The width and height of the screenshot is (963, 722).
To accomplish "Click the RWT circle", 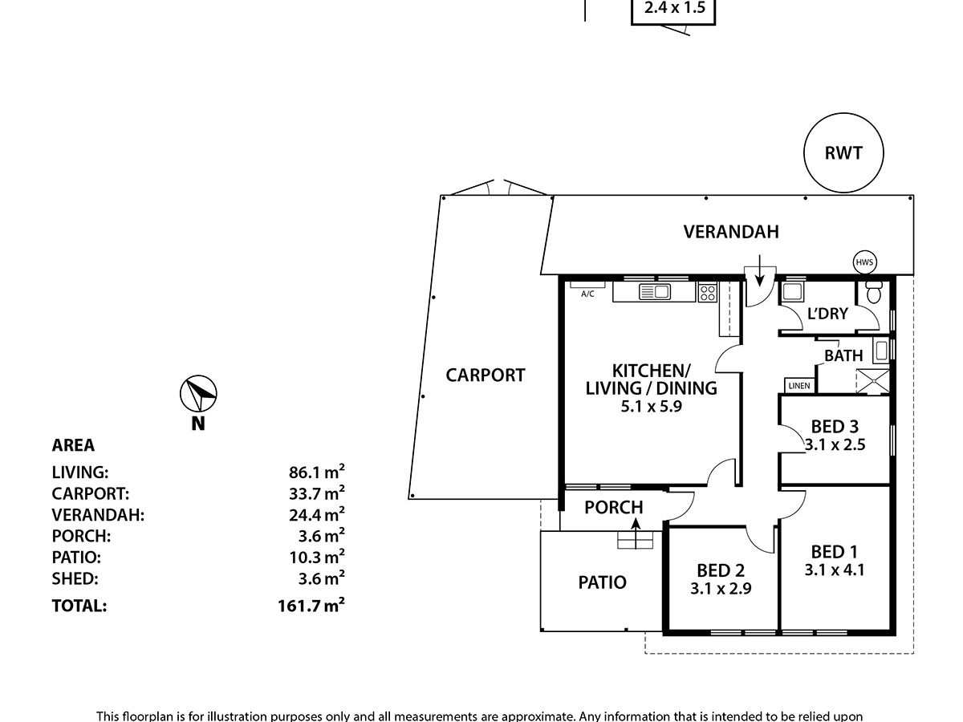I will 843,152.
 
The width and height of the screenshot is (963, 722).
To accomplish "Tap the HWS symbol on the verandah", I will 864,262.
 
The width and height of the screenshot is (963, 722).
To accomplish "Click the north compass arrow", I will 198,394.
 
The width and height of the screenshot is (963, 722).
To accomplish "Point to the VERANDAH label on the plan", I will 731,232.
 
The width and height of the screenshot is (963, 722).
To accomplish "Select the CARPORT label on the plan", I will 486,375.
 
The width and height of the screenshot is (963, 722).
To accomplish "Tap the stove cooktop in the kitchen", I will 707,293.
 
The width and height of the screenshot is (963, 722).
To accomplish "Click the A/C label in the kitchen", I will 587,294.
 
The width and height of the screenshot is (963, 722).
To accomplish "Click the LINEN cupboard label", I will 799,387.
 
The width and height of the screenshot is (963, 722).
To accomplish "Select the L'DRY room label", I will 827,314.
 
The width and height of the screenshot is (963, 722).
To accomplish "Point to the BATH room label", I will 843,355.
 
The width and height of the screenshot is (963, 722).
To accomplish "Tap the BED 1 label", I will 835,552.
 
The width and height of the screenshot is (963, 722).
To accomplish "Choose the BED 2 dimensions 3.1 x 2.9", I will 720,588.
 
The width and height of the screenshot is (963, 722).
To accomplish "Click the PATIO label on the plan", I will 602,582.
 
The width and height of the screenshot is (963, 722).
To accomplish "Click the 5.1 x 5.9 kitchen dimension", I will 652,406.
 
